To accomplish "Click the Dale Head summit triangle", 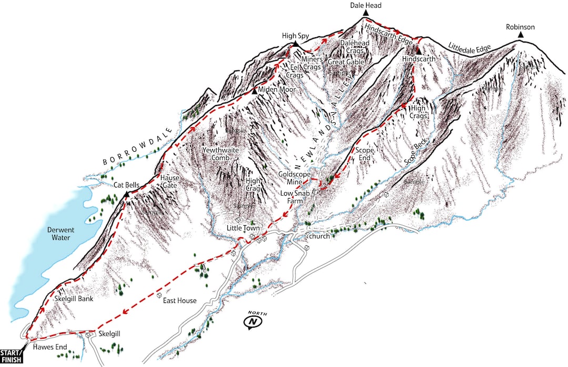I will pos(366,13).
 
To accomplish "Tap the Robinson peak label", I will pos(520,27).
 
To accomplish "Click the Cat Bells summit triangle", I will pos(126,195).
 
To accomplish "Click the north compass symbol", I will pos(253,321).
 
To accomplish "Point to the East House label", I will pos(179,301).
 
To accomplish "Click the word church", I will pos(319,236).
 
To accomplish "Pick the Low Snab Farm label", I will pos(298,197).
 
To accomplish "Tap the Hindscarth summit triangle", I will pos(418,51).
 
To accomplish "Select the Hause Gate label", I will pos(169,182).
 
